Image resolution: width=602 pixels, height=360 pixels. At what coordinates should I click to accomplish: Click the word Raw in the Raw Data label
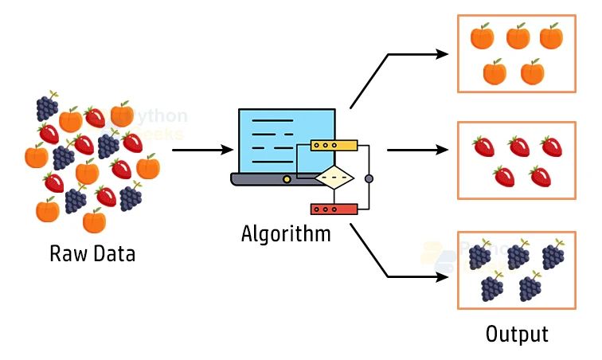tap(66, 255)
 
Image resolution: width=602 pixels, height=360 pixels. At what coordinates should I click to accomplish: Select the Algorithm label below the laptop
tap(286, 235)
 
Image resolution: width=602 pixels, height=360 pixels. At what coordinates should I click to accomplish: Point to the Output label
tap(517, 334)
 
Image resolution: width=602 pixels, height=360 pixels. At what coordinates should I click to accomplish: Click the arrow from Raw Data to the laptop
tap(202, 149)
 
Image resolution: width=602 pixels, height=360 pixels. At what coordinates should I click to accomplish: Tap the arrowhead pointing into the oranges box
tap(442, 54)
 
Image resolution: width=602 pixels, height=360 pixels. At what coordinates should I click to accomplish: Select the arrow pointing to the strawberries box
tap(419, 149)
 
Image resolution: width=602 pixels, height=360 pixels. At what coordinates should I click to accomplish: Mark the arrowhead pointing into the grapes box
tap(442, 277)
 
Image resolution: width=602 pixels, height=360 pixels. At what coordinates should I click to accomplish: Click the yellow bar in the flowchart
tap(334, 146)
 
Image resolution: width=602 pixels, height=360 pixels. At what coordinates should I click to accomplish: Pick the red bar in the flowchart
tap(334, 209)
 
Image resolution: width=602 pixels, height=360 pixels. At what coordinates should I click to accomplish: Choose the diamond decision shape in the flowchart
tap(334, 178)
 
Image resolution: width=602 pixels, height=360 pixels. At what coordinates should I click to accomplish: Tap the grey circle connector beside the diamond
tap(369, 178)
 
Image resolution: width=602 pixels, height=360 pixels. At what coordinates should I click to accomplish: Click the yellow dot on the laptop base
tap(287, 179)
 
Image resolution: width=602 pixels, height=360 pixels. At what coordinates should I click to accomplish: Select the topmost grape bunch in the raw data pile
tap(47, 106)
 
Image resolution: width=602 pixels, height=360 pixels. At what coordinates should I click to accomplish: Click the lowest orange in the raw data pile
tap(94, 220)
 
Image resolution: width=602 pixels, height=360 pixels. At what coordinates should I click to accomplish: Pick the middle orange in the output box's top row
tap(517, 36)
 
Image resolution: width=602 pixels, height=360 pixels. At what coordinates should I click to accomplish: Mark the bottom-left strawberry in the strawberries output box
tap(503, 176)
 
